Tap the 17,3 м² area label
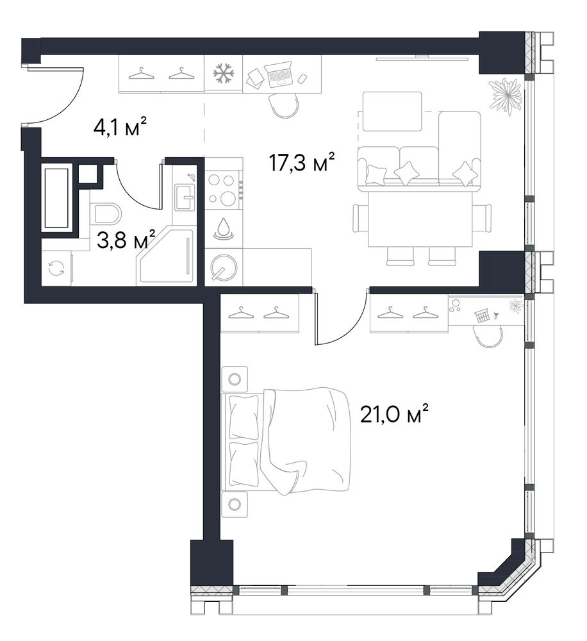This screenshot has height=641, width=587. tap(302, 162)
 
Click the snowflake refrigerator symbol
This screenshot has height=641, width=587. tap(224, 74)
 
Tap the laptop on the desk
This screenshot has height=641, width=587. tap(279, 74)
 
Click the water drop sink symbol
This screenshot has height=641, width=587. tap(224, 229)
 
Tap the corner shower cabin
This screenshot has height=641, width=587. tap(166, 256)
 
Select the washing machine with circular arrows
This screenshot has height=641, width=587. tap(56, 269)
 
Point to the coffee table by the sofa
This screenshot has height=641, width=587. tap(392, 111)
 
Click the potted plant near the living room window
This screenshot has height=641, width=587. tap(506, 96)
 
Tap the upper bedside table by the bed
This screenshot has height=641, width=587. tap(235, 379)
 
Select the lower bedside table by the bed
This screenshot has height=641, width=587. tap(235, 504)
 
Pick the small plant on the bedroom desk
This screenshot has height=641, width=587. tap(517, 306)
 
